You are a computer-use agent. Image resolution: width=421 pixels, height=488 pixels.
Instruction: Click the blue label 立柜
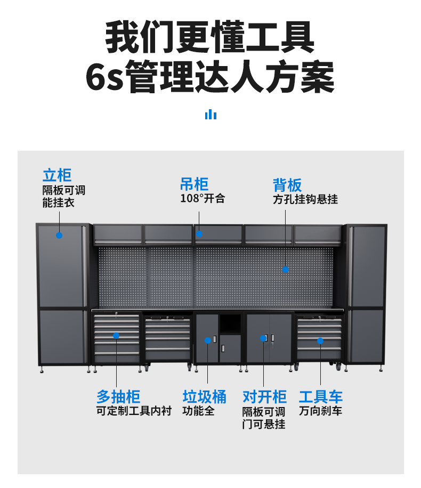click(x=57, y=175)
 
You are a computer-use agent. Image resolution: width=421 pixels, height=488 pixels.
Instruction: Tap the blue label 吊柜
click(x=194, y=185)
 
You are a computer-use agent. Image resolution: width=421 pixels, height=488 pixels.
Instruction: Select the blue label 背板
click(x=287, y=185)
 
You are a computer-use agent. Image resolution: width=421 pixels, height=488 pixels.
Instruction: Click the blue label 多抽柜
click(x=118, y=397)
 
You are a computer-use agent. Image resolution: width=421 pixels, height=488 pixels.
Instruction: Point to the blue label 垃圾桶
click(x=205, y=397)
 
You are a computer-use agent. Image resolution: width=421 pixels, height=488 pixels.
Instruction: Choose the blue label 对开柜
click(x=264, y=397)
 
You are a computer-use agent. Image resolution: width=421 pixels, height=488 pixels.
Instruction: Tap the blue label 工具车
click(x=321, y=397)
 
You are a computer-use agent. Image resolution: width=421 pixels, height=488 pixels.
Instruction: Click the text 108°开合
click(x=203, y=199)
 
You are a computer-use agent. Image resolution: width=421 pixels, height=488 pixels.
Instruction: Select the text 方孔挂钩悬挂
click(x=305, y=199)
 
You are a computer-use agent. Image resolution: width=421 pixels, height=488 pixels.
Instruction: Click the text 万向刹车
click(x=321, y=411)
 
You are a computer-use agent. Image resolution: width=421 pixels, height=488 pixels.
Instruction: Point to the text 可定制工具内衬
click(x=134, y=411)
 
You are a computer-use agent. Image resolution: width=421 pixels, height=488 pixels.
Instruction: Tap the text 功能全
click(x=199, y=411)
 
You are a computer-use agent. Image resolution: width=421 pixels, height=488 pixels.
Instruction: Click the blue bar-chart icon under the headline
click(x=210, y=115)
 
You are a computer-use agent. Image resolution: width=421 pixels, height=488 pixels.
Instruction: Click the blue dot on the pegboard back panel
click(x=286, y=270)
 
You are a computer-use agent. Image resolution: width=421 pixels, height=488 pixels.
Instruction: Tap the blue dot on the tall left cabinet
click(x=59, y=235)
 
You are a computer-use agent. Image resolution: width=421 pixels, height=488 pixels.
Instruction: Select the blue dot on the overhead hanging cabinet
click(x=199, y=234)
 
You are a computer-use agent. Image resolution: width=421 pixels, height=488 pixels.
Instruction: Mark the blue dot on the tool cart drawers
click(x=321, y=340)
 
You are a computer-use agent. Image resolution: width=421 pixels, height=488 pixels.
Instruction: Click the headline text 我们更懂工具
click(x=210, y=37)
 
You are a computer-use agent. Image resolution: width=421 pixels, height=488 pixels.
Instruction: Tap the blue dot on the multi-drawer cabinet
click(x=116, y=335)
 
